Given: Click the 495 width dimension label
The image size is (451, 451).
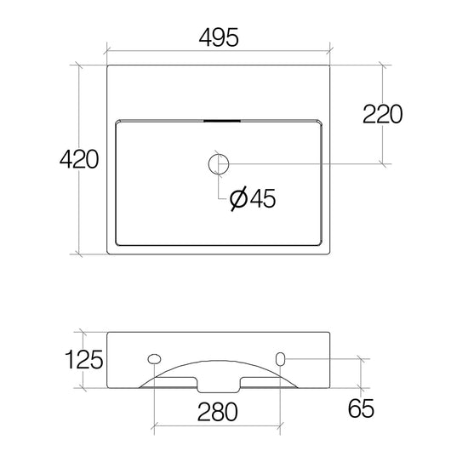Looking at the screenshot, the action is tap(219, 37).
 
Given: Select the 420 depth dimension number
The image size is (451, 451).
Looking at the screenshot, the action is tap(79, 159).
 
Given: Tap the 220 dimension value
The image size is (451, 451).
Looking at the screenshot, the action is tap(383, 114).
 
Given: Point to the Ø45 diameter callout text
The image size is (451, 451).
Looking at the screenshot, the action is tap(253, 198).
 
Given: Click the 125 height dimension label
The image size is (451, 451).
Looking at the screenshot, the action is tap(83, 359).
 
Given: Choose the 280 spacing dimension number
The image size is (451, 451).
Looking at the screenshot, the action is tap(218, 412).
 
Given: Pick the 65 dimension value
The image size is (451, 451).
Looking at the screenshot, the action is tap(361, 408).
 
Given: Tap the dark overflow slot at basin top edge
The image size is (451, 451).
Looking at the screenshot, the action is tap(222, 121).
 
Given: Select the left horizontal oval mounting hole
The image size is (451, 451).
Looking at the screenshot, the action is tap(154, 358).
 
